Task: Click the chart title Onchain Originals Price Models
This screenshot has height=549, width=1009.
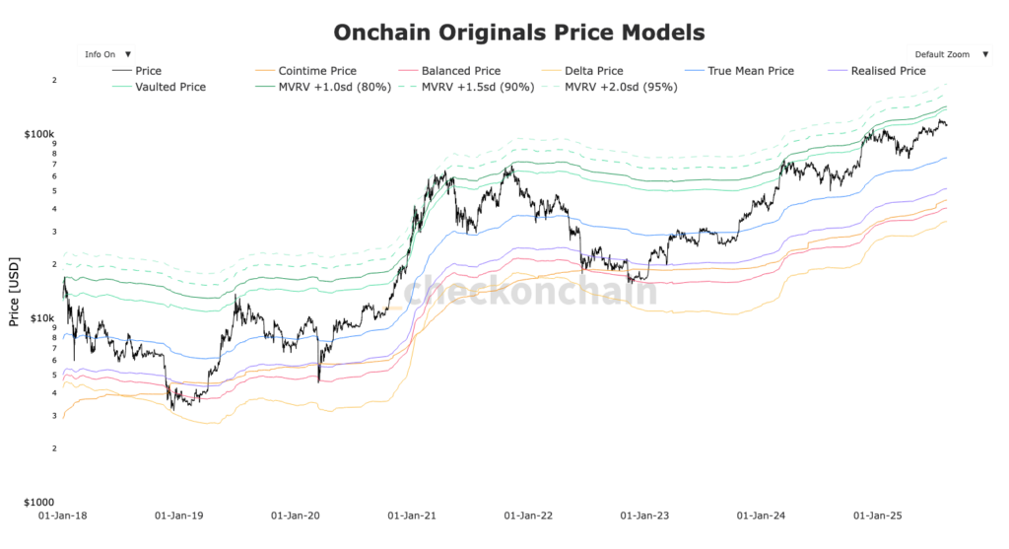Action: (519, 33)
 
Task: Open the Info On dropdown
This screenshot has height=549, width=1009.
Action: (107, 54)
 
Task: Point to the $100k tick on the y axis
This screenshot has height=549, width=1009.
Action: (39, 134)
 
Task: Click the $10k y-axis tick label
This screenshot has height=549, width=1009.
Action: (42, 318)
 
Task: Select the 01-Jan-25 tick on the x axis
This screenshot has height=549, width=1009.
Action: (876, 515)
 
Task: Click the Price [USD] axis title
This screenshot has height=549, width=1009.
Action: (14, 294)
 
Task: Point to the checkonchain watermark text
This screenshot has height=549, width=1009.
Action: (530, 292)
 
